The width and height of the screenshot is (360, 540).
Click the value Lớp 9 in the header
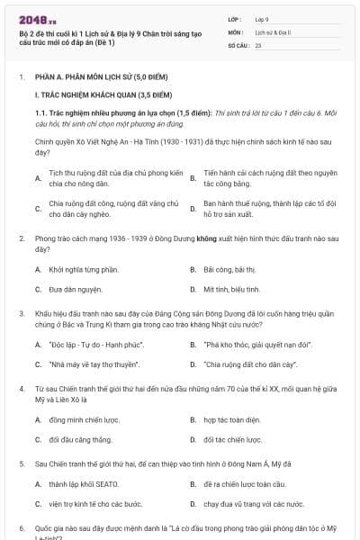[x=263, y=19]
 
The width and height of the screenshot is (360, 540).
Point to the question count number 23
[x=258, y=44]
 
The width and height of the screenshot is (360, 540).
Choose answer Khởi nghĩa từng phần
[x=84, y=269]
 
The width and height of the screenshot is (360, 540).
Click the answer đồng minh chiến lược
[x=84, y=419]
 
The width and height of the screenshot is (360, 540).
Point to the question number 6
[x=21, y=529]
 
